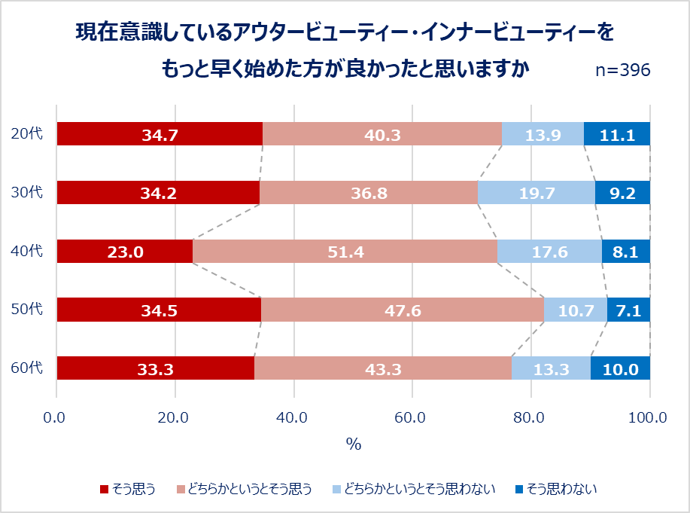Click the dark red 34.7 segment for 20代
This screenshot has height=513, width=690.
point(160,134)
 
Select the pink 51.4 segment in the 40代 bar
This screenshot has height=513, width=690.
point(345,252)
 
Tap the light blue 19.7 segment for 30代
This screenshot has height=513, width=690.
point(536,193)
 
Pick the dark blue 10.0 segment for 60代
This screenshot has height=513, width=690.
point(620,369)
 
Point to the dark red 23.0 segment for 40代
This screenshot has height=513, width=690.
point(125,252)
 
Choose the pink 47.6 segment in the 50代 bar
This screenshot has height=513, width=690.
point(402,310)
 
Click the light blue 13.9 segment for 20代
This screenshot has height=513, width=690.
point(543,134)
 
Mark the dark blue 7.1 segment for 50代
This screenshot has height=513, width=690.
point(628,310)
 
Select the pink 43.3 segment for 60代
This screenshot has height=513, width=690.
point(383,369)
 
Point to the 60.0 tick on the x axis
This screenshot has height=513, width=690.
point(412,417)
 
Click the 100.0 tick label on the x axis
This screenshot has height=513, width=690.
point(648,417)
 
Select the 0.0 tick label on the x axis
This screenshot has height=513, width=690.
point(56,417)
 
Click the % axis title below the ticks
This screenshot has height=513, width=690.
point(353,444)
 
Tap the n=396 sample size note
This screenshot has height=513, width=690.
point(622,70)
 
